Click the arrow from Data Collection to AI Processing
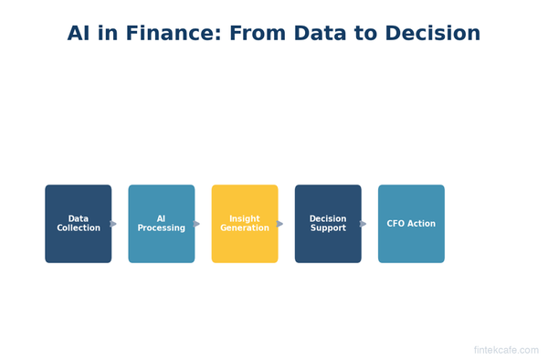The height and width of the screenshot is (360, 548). coord(113,224)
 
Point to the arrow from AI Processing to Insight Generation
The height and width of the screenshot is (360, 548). coord(196,224)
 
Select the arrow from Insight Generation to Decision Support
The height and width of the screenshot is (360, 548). coord(279,224)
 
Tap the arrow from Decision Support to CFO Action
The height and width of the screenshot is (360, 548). coord(363,224)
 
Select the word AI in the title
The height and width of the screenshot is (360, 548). coord(79,34)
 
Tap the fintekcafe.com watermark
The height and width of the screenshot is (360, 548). coord(506,350)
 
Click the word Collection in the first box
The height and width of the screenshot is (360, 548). coord(79,228)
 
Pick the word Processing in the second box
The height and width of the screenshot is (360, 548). coord(162,228)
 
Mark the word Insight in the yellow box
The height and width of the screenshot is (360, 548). coord(245,219)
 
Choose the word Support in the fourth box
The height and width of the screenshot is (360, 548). coord(328,228)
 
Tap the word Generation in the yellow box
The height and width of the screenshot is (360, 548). coord(245,228)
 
